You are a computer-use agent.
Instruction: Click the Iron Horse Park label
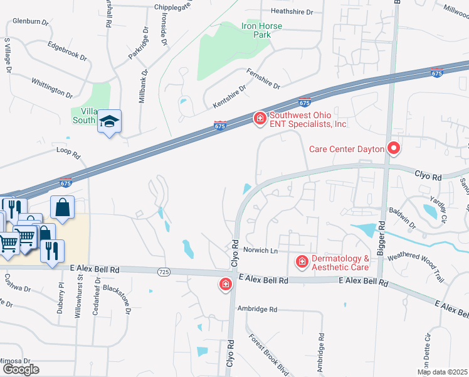point(261,30)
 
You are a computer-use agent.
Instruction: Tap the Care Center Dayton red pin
point(394,149)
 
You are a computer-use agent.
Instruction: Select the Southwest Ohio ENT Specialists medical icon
point(260,118)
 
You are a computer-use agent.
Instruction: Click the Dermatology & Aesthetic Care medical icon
point(302,261)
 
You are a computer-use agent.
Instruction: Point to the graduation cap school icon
point(109,121)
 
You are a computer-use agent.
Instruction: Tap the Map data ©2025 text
point(442,372)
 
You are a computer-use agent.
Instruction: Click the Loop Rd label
point(69,153)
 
